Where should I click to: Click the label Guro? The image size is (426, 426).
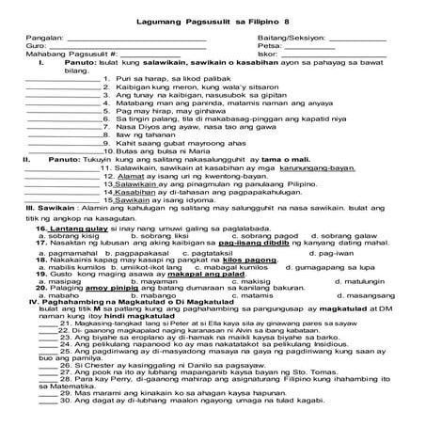click(x=38, y=45)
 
